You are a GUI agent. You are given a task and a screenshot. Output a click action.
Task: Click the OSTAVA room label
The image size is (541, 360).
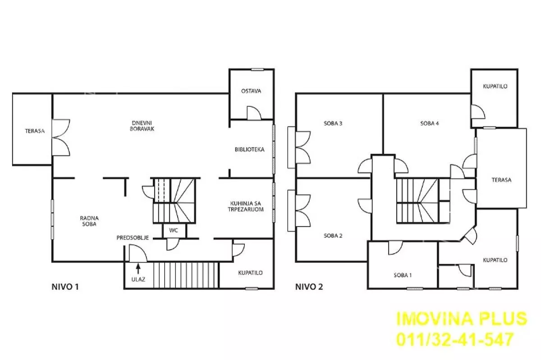[251, 91]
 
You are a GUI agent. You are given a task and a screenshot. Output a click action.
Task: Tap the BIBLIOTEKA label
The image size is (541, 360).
[249, 150]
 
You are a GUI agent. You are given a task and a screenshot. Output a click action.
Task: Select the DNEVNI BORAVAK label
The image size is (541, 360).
[142, 126]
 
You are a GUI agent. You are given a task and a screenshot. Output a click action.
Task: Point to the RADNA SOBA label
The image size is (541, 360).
[89, 221]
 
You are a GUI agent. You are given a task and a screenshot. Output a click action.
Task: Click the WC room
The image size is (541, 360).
[174, 230]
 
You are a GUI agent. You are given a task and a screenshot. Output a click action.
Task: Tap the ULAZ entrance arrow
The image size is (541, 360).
[138, 268]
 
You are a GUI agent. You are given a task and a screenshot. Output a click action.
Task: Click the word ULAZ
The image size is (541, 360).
[138, 279]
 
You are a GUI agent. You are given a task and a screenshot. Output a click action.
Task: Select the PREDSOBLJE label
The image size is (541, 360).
[133, 238]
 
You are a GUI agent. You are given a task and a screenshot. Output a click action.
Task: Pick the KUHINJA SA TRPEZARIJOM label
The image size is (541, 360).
[246, 206]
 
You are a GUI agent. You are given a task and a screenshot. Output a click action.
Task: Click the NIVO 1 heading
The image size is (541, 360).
[65, 287]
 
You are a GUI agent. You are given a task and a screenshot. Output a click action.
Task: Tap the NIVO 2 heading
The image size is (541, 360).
[309, 287]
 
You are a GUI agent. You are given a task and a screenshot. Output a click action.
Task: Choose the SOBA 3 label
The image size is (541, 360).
[333, 123]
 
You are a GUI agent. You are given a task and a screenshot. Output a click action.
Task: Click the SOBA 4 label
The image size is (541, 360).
[430, 123]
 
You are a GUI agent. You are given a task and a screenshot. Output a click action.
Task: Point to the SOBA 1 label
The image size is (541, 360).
[403, 275]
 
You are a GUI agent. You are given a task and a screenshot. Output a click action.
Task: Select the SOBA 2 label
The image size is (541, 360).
[333, 235]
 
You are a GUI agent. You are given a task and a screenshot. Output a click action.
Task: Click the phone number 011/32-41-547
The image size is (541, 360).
[455, 339]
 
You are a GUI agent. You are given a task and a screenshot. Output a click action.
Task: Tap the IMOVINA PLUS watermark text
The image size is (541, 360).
[462, 319]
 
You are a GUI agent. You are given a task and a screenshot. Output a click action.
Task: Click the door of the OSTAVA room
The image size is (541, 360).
[253, 113]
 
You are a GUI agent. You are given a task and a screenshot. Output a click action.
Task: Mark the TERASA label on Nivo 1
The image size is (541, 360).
[35, 131]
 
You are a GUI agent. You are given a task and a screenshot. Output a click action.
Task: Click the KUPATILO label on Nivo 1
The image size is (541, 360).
[251, 273]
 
